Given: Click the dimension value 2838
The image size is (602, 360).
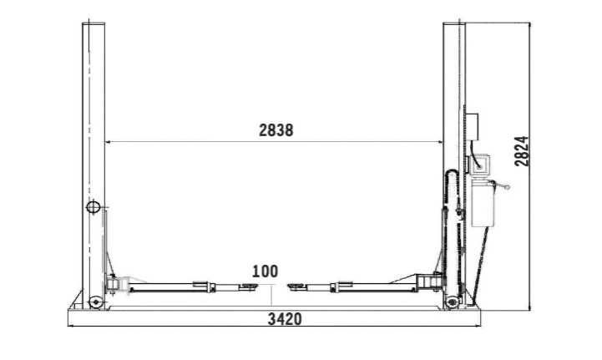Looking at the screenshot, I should pyautogui.click(x=276, y=130).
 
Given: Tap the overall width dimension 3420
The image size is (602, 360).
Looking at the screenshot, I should pyautogui.click(x=284, y=319).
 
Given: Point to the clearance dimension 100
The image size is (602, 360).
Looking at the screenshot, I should pyautogui.click(x=265, y=271).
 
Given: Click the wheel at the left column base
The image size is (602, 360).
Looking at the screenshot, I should pyautogui.click(x=96, y=301).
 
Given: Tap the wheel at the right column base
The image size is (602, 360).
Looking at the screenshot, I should pyautogui.click(x=452, y=301).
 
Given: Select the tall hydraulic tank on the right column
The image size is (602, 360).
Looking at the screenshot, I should pyautogui.click(x=482, y=204).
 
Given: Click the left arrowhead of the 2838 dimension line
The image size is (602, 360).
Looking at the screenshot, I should pyautogui.click(x=107, y=142).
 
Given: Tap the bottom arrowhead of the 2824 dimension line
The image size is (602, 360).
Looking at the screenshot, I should pyautogui.click(x=531, y=308).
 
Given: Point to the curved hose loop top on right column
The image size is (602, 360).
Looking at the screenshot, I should pyautogui.click(x=452, y=171).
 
